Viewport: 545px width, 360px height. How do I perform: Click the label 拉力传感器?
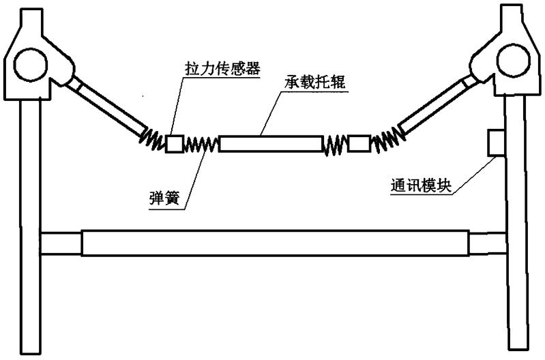click(222, 71)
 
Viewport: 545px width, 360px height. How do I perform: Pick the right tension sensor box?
click(359, 143)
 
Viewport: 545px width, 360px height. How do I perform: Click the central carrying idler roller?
click(269, 144)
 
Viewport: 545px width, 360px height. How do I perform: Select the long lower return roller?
click(276, 242)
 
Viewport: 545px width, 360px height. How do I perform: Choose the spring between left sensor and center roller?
click(201, 145)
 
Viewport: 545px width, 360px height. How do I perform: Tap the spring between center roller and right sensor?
click(334, 144)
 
